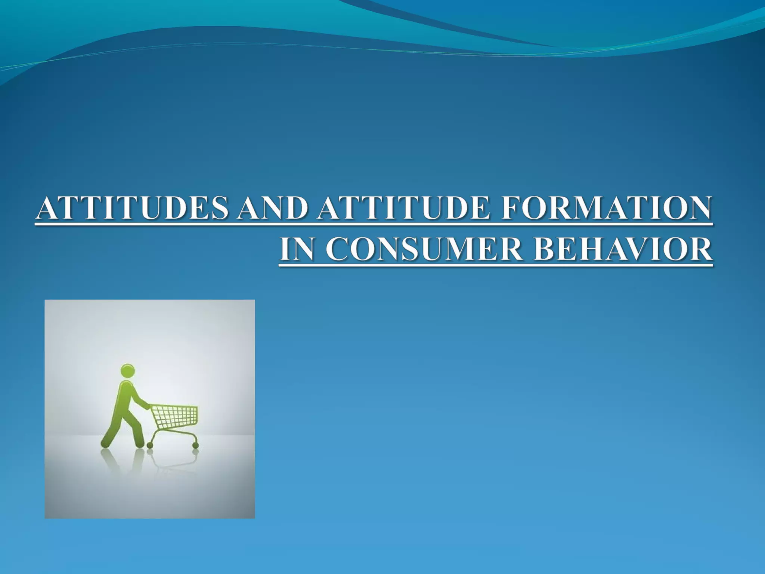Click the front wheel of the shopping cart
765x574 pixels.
pyautogui.click(x=195, y=445)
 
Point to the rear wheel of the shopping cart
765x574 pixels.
pyautogui.click(x=150, y=445)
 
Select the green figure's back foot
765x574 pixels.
pyautogui.click(x=105, y=444)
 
